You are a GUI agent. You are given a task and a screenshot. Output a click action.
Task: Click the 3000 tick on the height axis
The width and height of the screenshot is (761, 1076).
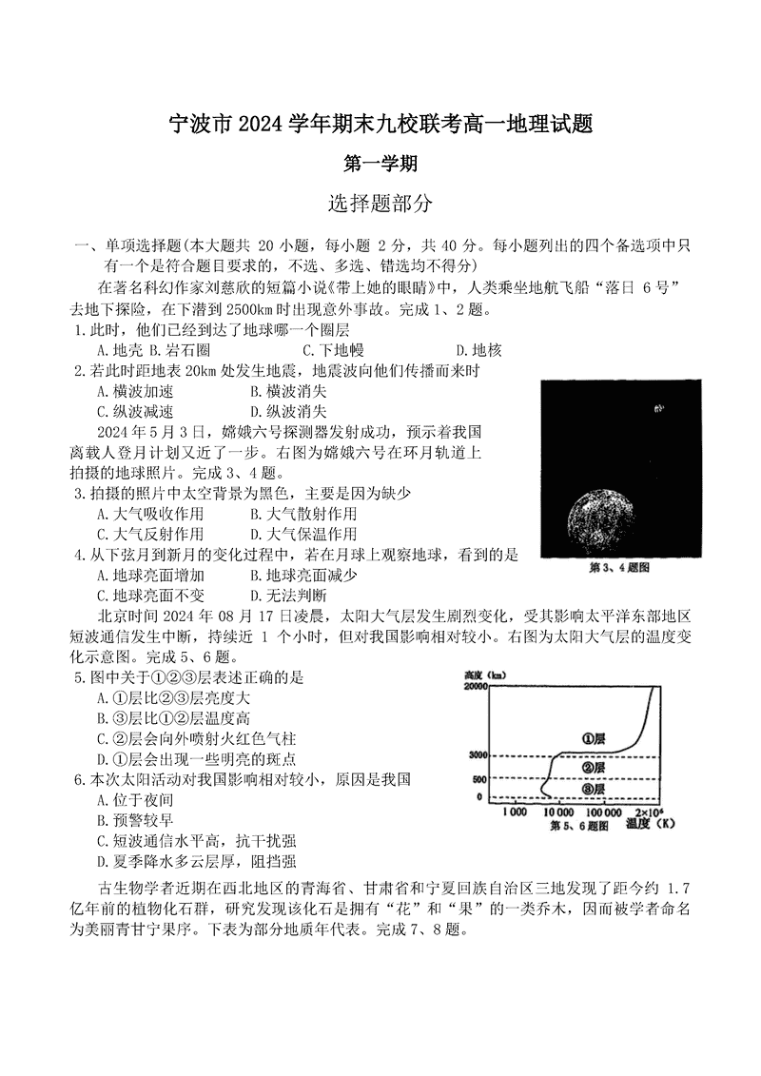[477, 755]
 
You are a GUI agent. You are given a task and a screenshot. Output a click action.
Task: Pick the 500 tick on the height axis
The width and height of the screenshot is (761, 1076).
[479, 780]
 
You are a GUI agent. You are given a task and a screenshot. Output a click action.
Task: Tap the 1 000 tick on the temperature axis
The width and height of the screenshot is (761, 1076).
[514, 812]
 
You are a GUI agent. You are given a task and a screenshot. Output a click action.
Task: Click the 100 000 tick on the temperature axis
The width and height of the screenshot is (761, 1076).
[604, 812]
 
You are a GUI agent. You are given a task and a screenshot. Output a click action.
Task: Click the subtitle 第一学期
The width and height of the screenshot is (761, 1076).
[380, 164]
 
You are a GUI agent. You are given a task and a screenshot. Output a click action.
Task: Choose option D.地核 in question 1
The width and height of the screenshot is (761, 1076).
[478, 350]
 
